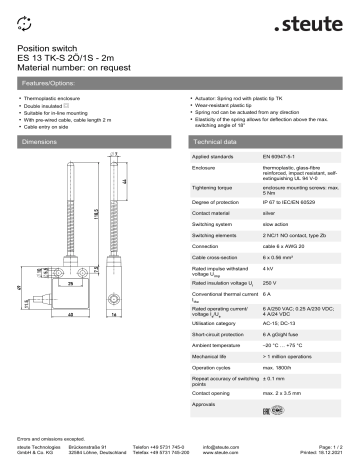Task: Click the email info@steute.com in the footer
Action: (x=222, y=448)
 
